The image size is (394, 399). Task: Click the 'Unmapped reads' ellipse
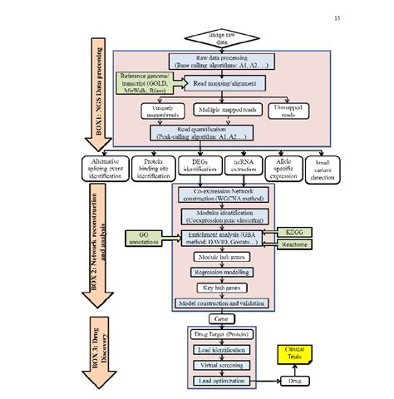click(288, 110)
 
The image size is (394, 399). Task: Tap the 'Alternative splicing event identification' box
click(111, 167)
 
